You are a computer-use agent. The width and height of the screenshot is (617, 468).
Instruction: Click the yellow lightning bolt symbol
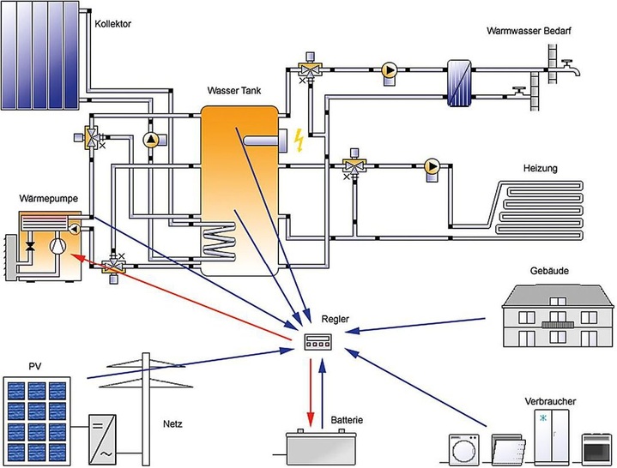pyautogui.click(x=299, y=139)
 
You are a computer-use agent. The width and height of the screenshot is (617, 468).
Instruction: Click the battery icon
pyautogui.click(x=322, y=445)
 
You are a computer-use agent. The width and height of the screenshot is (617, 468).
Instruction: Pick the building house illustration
pyautogui.click(x=558, y=314)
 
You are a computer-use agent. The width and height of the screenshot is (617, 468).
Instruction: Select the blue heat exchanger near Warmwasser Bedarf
pyautogui.click(x=459, y=83)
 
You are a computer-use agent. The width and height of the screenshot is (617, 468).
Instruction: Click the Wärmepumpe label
pyautogui.click(x=49, y=199)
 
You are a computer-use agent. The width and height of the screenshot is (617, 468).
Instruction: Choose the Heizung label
pyautogui.click(x=540, y=169)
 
